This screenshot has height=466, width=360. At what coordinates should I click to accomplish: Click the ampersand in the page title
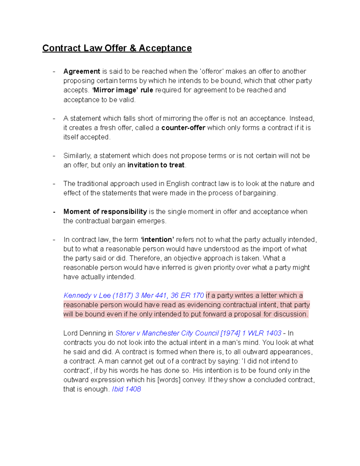point(133,48)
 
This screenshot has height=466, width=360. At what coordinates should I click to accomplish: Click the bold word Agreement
point(82,71)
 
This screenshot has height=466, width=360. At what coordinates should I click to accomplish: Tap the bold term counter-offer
point(183,128)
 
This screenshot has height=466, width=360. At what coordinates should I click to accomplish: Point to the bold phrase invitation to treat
point(156,165)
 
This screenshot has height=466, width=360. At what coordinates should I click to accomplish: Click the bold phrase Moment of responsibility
point(105,212)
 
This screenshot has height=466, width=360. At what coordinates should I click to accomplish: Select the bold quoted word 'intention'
point(157,239)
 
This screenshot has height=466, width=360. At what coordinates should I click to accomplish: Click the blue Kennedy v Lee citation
point(133,296)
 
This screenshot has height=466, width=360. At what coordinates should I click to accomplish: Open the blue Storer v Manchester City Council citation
point(198,333)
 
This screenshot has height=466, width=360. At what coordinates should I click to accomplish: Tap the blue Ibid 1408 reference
point(126,389)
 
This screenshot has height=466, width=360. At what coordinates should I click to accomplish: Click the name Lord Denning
point(85,333)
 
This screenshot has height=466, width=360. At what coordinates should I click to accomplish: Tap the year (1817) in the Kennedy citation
point(123,296)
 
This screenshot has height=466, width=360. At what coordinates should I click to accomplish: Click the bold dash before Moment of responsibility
point(54,212)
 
